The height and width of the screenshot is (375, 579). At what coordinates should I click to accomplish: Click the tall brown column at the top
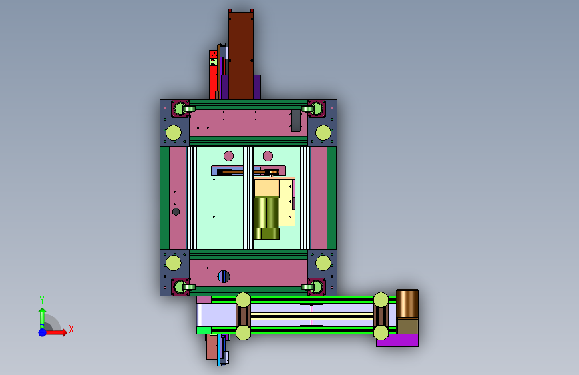241,55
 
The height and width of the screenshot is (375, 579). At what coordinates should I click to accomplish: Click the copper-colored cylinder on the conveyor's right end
407,304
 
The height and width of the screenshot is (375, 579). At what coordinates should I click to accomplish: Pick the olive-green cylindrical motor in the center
266,218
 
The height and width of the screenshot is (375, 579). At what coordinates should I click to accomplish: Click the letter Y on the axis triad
42,300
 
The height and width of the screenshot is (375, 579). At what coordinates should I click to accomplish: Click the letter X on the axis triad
71,329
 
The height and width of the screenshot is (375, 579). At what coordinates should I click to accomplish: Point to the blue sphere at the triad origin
43,332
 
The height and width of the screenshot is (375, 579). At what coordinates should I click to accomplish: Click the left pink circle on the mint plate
228,156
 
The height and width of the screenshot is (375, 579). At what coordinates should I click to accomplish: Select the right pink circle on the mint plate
268,156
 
